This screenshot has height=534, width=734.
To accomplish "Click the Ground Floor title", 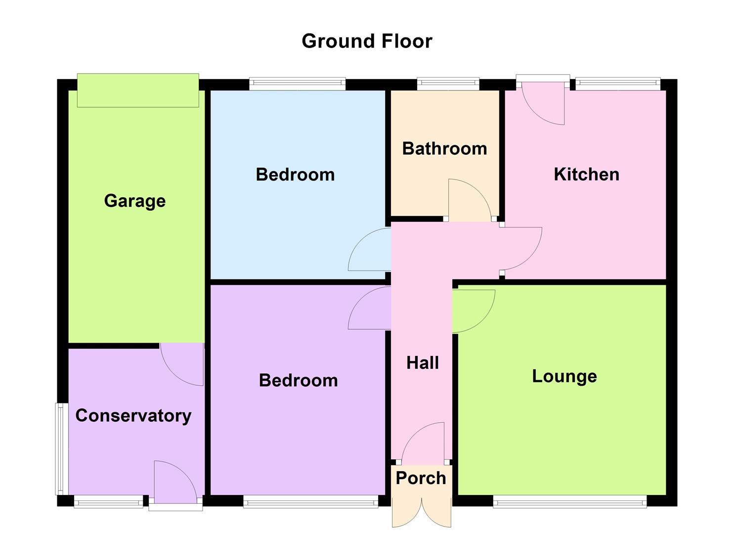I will click(367, 41).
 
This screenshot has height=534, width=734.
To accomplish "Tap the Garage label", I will click(134, 201).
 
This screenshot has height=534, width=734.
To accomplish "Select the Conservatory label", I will click(133, 415).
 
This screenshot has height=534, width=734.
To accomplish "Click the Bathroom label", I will click(444, 148).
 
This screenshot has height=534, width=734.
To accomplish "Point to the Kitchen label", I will click(586, 174).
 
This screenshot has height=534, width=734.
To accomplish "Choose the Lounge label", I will click(564, 376).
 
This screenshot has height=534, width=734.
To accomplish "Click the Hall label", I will click(422, 363).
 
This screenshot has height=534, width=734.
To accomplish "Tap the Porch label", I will click(421, 478).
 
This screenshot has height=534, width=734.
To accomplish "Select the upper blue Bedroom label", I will click(295, 175).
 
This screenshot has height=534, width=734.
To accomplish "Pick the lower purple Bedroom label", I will click(298, 380).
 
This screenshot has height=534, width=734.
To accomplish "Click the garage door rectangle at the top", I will click(138, 90).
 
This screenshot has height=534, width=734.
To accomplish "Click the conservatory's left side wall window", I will click(60, 448).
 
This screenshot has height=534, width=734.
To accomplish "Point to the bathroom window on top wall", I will click(448, 84).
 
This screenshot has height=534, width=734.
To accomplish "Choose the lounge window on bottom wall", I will click(569, 501).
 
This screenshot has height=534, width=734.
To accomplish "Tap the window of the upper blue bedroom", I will click(297, 84).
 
